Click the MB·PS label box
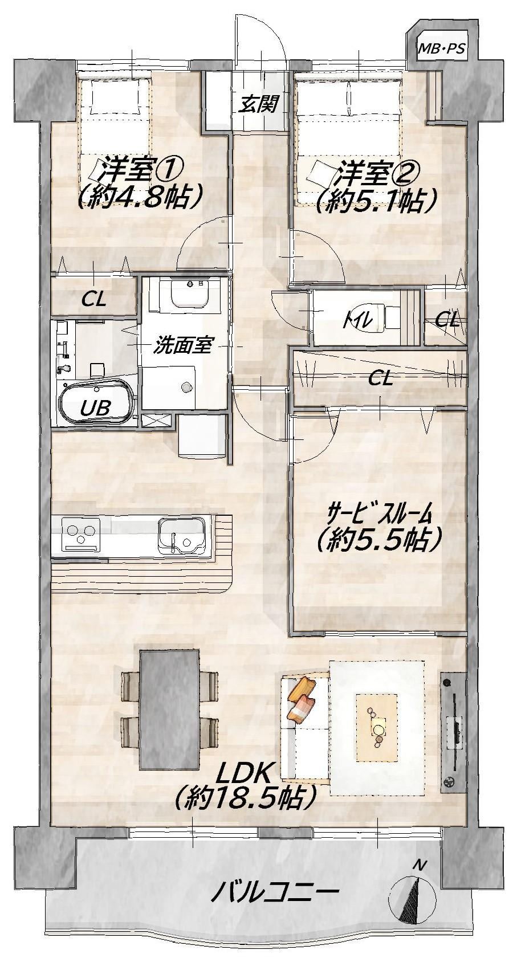pyautogui.click(x=442, y=48)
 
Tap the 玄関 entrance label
pyautogui.click(x=259, y=103)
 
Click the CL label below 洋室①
pyautogui.click(x=95, y=299)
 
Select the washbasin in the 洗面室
pyautogui.click(x=189, y=294)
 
